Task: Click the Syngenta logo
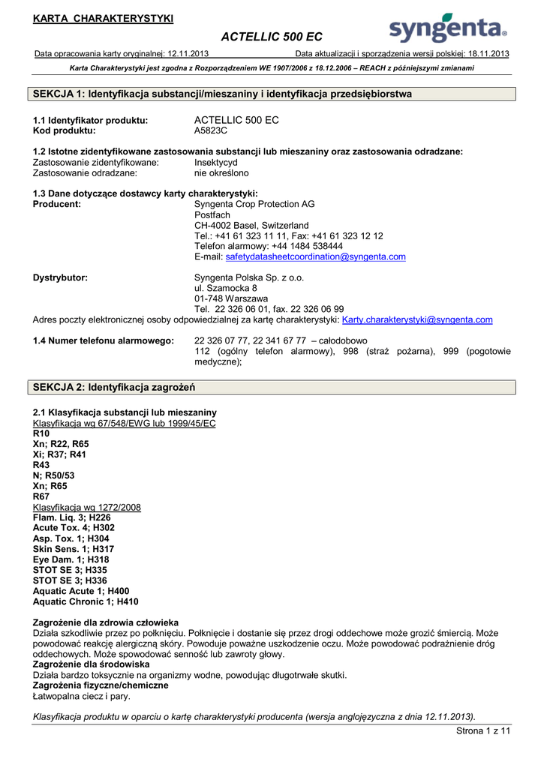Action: tap(448, 29)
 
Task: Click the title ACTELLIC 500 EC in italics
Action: tap(272, 37)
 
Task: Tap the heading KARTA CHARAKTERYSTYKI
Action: tap(103, 18)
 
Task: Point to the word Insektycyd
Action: tap(215, 162)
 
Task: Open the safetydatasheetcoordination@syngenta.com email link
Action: tap(315, 256)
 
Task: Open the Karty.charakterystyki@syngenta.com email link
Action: tap(417, 319)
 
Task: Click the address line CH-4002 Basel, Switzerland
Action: tap(251, 225)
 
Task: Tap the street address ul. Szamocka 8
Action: tap(225, 288)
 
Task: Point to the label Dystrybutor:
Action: tap(60, 277)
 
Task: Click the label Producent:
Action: tap(57, 204)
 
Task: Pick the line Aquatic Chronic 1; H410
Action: tap(86, 601)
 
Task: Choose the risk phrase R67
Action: tap(41, 496)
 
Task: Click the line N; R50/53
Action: tap(54, 475)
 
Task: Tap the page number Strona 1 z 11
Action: tap(482, 731)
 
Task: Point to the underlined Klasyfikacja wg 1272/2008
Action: tap(87, 507)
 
